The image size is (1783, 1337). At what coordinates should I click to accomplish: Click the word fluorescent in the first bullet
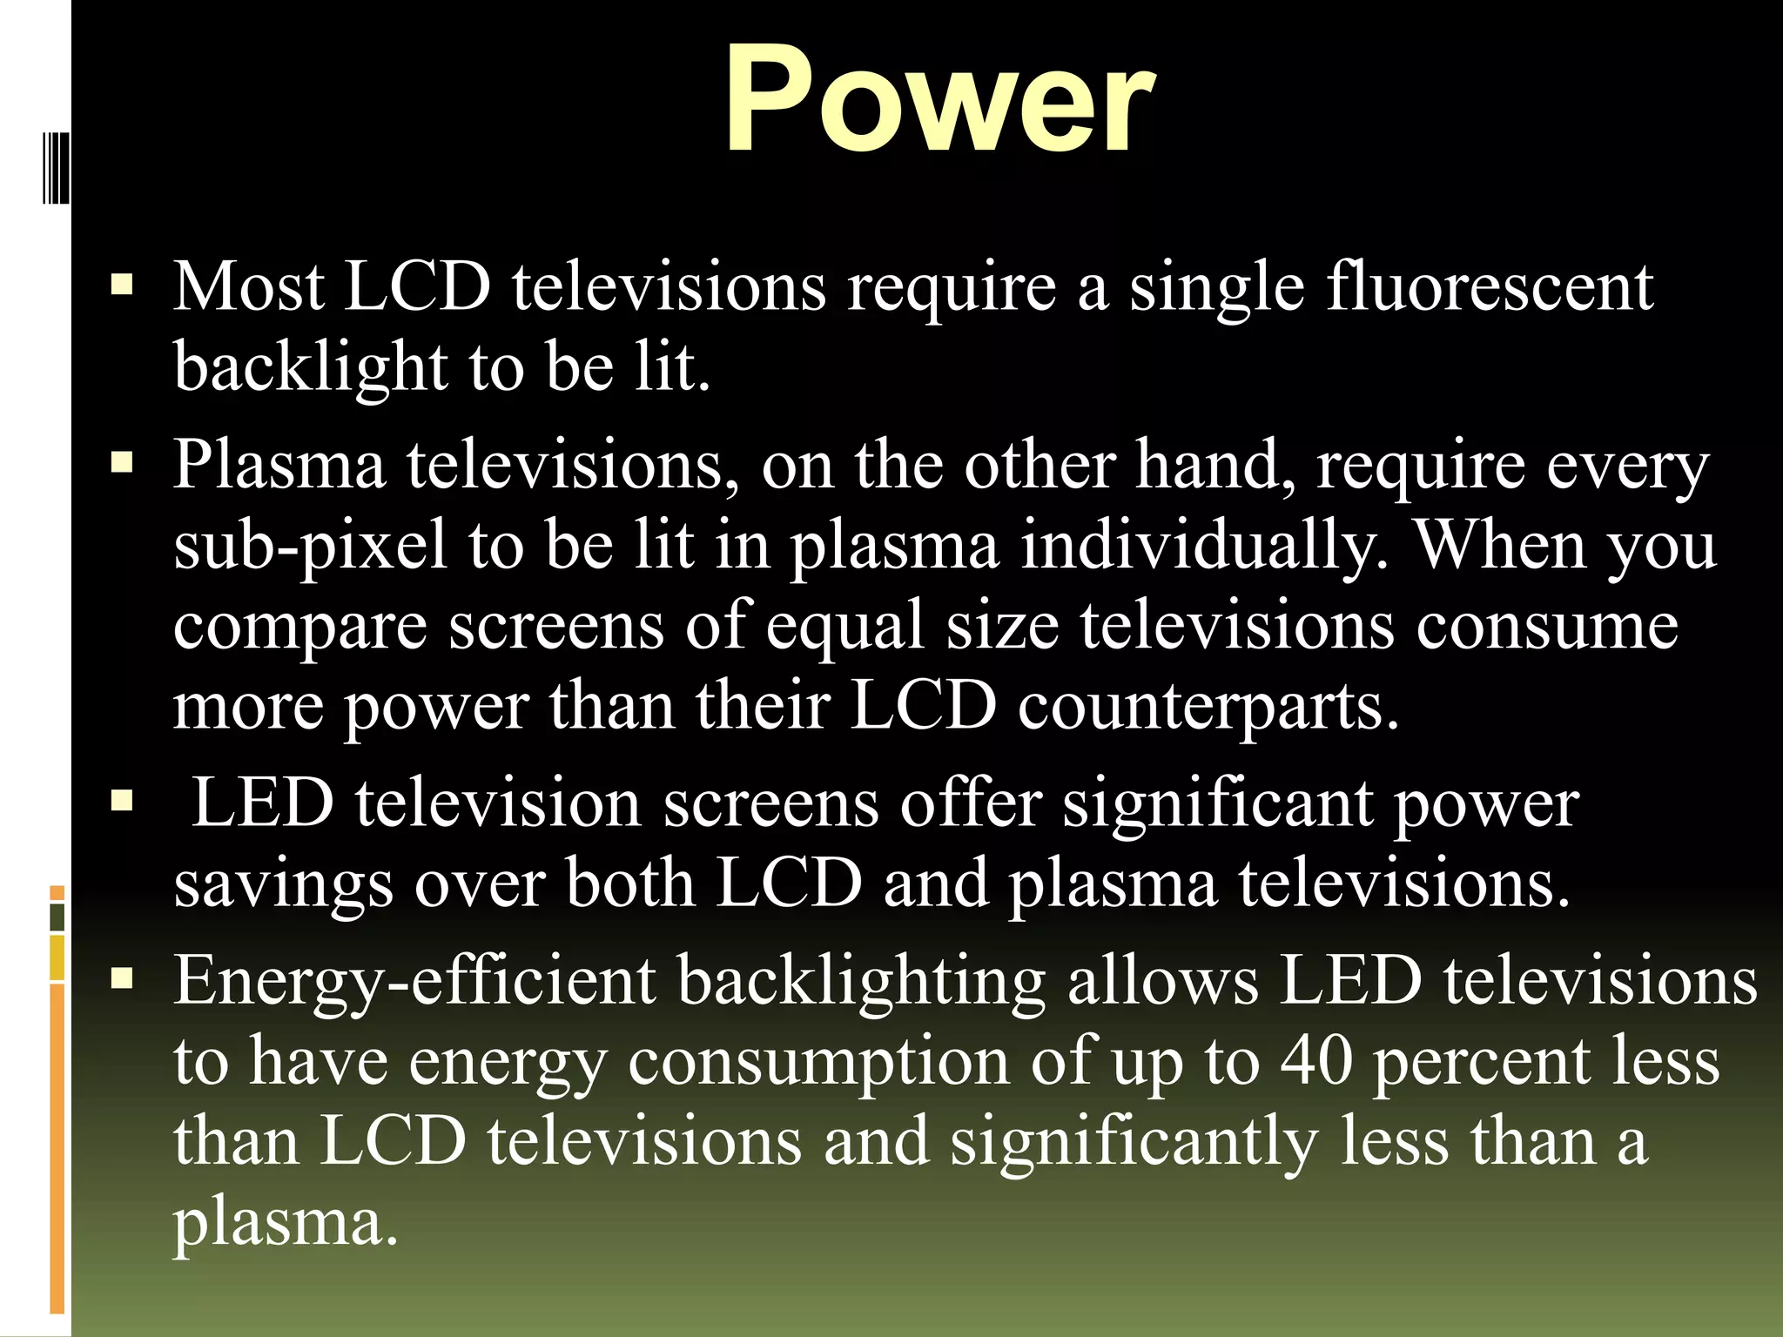(x=1489, y=288)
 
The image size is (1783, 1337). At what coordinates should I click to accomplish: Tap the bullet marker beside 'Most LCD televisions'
(x=122, y=285)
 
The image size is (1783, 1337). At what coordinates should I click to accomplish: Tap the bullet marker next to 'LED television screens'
(x=122, y=800)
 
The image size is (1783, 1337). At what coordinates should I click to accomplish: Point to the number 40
(x=1316, y=1062)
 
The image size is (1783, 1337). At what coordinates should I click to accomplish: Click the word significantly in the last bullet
(x=1133, y=1144)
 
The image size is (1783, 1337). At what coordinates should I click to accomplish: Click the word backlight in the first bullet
(x=310, y=368)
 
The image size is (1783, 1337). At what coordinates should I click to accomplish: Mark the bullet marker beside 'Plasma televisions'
(x=122, y=462)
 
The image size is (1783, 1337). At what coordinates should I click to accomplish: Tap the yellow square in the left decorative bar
(x=57, y=958)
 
